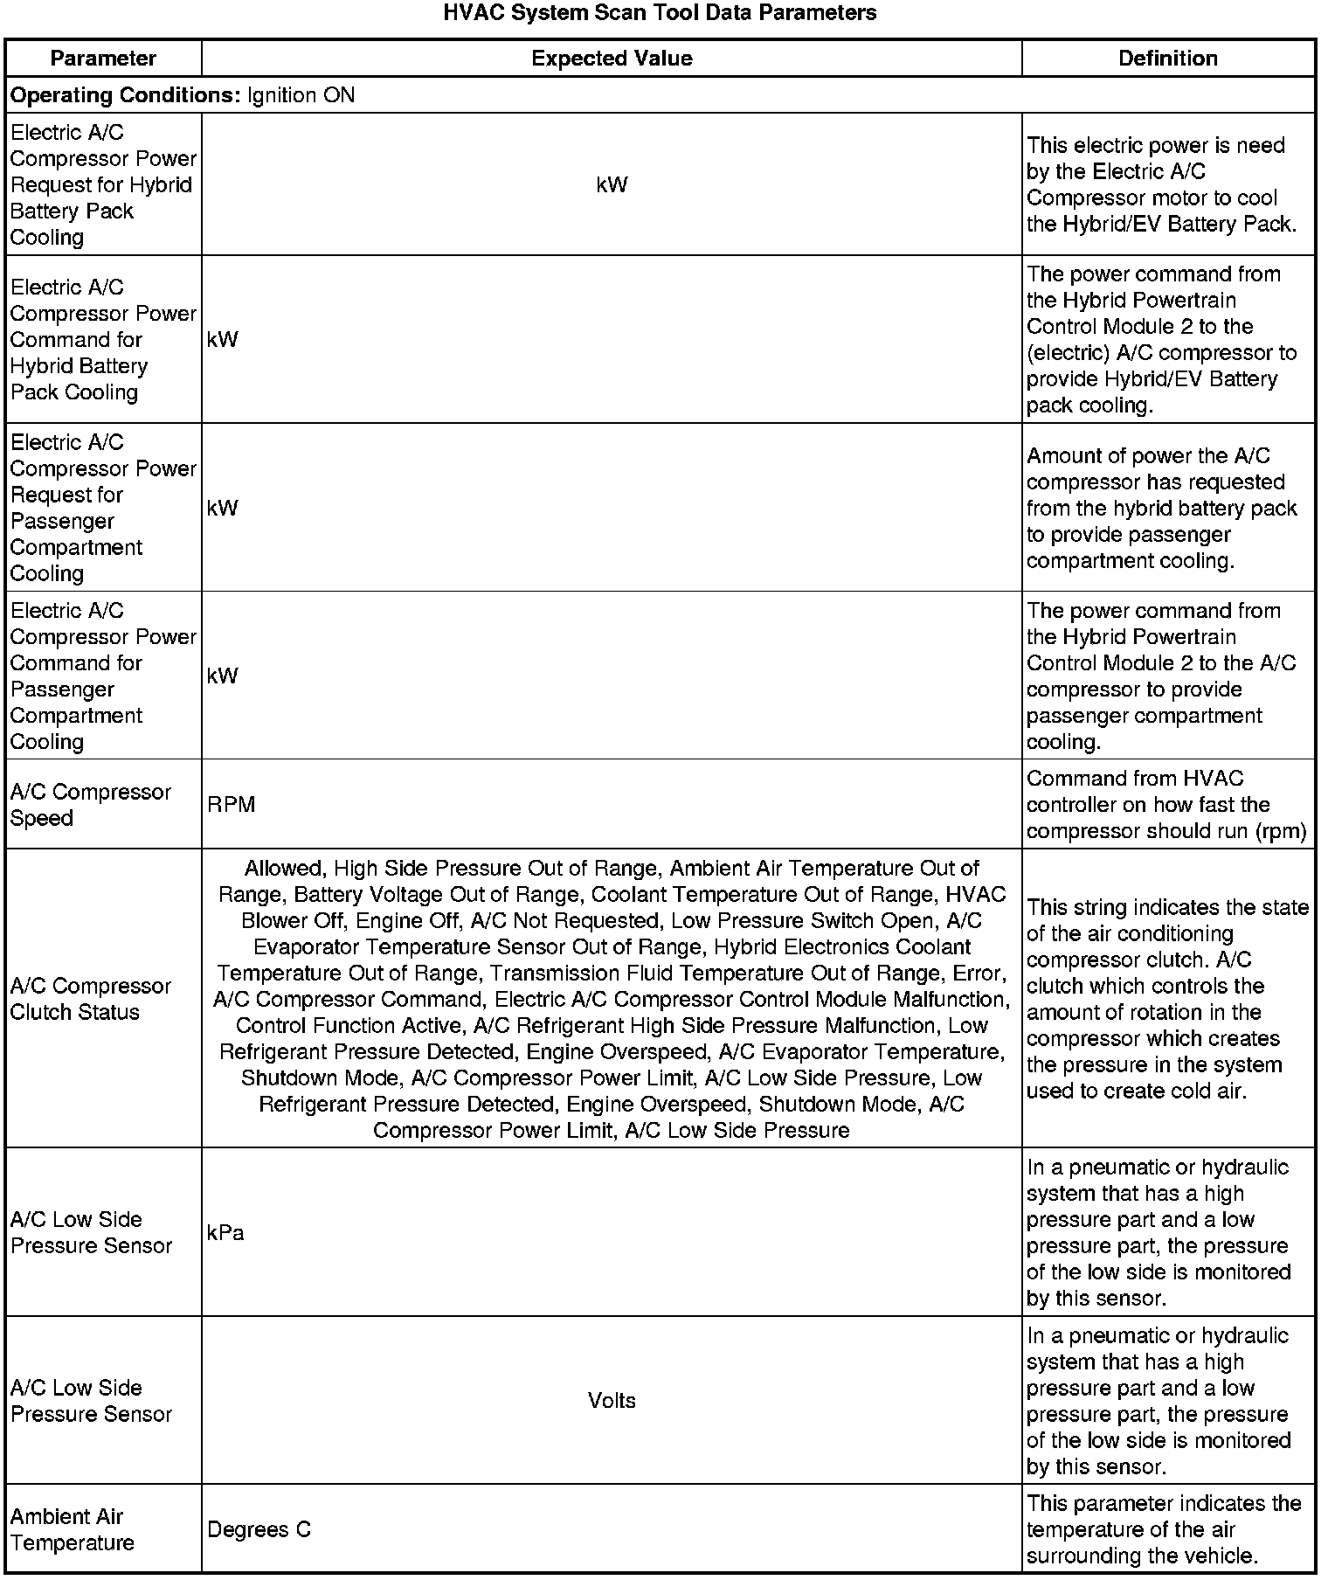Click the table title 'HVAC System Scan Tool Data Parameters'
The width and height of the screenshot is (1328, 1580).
pos(660,13)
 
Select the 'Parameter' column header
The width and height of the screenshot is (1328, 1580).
pos(103,59)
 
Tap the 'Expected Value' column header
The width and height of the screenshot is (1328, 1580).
pos(612,59)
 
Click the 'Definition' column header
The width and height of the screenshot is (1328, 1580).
pos(1168,59)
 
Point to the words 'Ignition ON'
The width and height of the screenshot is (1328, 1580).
pos(301,95)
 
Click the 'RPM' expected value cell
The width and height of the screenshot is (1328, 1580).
pos(232,805)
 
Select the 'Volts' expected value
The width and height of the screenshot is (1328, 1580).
pos(612,1401)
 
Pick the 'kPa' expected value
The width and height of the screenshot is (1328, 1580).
pos(225,1233)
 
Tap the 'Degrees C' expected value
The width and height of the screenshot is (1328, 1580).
pos(259,1529)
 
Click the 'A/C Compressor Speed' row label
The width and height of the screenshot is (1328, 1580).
pos(91,805)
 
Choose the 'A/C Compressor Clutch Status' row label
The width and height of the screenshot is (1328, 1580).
pos(91,999)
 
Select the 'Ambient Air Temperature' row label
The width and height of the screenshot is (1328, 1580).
pos(73,1529)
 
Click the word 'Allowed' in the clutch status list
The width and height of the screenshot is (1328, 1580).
pos(282,869)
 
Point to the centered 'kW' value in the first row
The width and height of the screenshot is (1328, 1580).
pos(612,185)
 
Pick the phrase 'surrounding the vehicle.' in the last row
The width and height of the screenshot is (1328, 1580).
pos(1142,1556)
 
